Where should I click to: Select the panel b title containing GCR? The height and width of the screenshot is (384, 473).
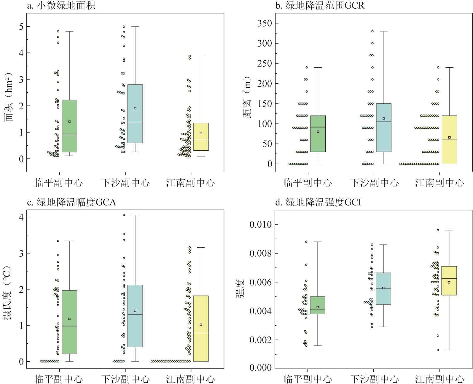click(x=320, y=5)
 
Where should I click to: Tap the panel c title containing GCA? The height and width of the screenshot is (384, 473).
click(x=71, y=202)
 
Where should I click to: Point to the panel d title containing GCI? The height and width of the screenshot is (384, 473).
click(x=318, y=202)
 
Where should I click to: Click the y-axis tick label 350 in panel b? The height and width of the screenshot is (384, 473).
click(x=265, y=23)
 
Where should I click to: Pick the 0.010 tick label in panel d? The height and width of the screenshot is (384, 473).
click(x=260, y=224)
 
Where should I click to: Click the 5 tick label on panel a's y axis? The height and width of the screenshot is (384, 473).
click(x=21, y=27)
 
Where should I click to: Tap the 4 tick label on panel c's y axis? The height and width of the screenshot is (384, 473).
click(x=21, y=217)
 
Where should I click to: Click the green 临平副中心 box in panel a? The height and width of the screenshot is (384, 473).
click(x=69, y=126)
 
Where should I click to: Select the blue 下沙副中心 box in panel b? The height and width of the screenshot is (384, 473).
click(x=384, y=128)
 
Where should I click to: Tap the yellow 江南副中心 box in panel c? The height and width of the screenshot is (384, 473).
click(x=201, y=328)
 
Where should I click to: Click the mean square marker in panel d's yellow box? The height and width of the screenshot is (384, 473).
click(x=449, y=282)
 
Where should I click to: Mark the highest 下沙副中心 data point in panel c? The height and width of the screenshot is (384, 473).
click(x=124, y=215)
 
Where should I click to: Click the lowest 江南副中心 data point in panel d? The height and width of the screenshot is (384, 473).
click(x=438, y=350)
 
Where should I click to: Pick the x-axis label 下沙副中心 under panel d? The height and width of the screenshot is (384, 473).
click(x=375, y=379)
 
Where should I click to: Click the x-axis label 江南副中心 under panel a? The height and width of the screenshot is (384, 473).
click(x=190, y=183)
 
